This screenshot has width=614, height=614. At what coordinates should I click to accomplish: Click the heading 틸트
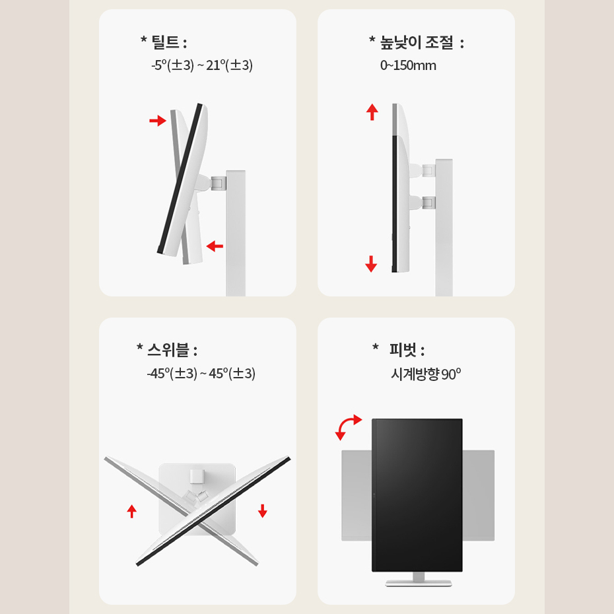(166, 42)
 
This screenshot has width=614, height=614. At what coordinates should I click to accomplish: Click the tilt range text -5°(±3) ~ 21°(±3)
(202, 65)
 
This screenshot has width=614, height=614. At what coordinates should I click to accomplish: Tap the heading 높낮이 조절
(417, 42)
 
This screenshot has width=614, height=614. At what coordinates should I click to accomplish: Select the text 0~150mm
(408, 65)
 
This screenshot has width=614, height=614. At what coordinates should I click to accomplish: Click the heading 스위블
(168, 350)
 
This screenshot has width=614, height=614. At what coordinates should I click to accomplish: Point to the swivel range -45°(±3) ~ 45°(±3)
(201, 373)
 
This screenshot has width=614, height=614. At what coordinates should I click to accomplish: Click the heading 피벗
(403, 350)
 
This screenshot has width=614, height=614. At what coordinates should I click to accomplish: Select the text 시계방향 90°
(426, 374)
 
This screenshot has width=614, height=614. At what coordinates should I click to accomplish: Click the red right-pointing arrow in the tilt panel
(158, 120)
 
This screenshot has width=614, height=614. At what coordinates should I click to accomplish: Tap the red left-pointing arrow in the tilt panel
(215, 246)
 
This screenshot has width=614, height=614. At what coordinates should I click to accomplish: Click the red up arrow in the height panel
(372, 112)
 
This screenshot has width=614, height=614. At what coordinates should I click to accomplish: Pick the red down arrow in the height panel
(371, 263)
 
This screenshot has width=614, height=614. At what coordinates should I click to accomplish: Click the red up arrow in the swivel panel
(132, 511)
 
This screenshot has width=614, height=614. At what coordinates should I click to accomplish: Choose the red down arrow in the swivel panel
(262, 511)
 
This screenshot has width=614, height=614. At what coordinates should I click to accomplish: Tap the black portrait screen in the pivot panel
(417, 495)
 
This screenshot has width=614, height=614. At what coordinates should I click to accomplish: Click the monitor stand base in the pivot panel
(418, 583)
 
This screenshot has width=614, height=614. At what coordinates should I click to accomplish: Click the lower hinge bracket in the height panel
(428, 203)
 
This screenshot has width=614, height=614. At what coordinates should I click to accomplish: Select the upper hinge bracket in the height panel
(428, 170)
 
